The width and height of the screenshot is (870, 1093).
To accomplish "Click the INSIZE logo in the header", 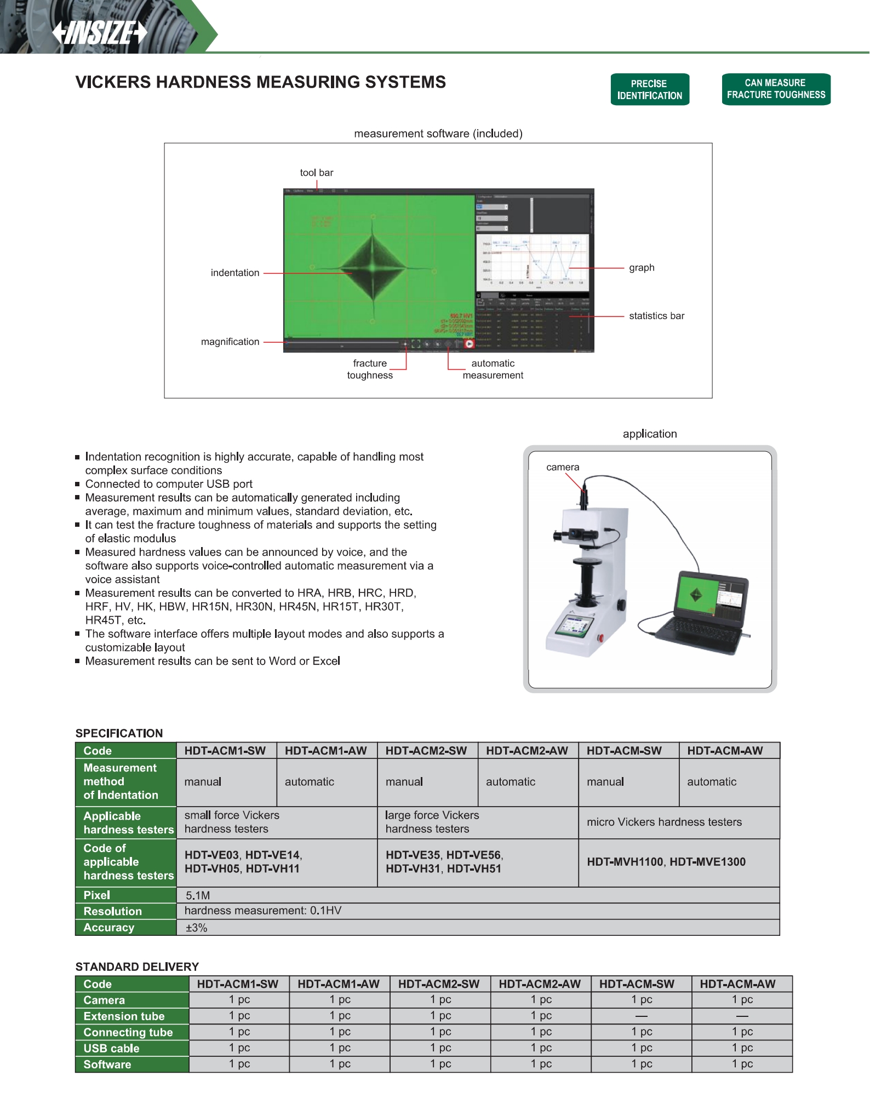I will (100, 33).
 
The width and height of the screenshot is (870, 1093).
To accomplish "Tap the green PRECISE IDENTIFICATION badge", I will (650, 89).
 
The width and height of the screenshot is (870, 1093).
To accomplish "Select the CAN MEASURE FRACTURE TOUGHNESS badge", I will (776, 89).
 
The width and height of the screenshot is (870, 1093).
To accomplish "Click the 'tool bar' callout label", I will (316, 172).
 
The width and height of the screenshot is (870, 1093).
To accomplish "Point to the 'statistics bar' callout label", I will (656, 316).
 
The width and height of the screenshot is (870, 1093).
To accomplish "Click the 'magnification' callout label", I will (230, 342).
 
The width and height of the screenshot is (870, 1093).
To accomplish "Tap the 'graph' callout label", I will (642, 268).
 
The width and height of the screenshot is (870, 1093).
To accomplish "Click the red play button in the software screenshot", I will (469, 344).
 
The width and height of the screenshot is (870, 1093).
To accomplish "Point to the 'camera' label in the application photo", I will (563, 467).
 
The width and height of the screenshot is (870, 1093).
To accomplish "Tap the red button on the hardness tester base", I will (600, 637).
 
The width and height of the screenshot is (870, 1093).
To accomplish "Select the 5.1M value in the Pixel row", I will (198, 895).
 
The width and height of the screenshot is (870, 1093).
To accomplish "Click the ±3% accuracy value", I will (196, 928).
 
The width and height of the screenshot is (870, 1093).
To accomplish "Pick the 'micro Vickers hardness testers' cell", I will (664, 822).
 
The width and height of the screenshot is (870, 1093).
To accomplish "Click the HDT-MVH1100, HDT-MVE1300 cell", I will (666, 862).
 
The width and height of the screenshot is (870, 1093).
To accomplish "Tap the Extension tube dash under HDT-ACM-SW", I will (642, 1016).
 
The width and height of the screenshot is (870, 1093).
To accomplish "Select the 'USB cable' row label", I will (111, 1048).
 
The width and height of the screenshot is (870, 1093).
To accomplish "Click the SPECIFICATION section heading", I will (119, 733).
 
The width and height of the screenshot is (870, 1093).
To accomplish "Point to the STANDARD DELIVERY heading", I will (137, 967).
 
